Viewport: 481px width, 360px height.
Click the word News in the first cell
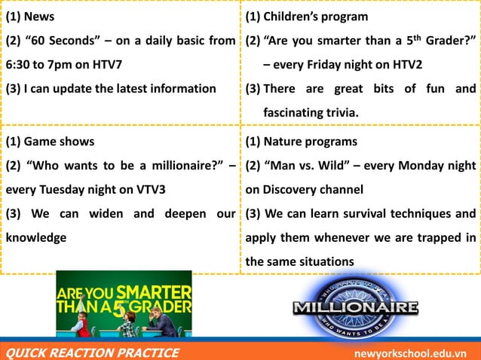(x=39, y=17)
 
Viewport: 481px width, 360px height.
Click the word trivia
(x=339, y=113)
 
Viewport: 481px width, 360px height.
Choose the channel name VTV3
(x=148, y=189)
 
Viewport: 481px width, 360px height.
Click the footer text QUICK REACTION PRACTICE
(x=93, y=352)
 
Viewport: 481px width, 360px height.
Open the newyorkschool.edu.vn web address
(x=411, y=353)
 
